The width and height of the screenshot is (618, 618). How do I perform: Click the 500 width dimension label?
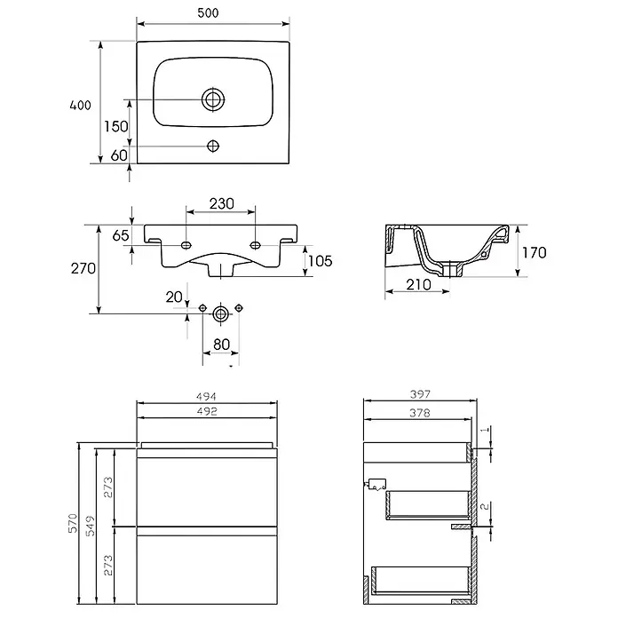coord(208,13)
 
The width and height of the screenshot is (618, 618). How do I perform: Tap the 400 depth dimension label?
coord(80,106)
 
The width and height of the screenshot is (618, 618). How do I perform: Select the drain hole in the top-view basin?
coord(213,99)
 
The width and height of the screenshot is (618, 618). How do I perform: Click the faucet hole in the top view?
coord(213,147)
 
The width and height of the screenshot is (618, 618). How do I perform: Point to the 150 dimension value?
coord(115,126)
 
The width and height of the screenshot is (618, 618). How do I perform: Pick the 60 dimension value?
coord(119,155)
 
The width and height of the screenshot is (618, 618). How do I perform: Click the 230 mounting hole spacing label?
coord(221,203)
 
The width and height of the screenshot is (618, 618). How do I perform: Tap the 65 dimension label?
coord(121,235)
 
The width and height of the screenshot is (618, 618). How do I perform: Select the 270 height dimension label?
coord(83,268)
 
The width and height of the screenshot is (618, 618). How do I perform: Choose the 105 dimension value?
coord(320,261)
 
